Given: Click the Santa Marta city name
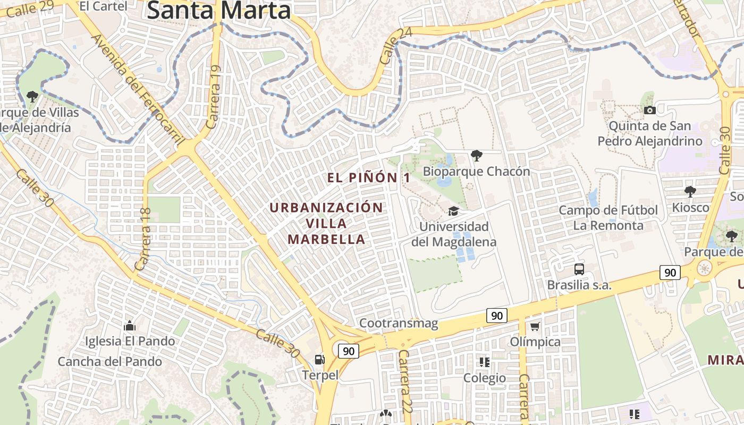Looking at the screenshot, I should click(x=219, y=11).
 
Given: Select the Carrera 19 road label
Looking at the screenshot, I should click(x=213, y=97).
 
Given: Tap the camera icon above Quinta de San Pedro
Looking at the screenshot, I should click(x=649, y=110).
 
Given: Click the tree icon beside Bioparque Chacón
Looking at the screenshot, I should click(x=476, y=156).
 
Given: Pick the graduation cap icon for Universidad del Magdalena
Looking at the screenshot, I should click(x=453, y=211).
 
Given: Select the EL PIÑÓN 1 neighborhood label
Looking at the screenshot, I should click(x=369, y=178).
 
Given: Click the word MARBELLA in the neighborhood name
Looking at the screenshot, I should click(x=326, y=239).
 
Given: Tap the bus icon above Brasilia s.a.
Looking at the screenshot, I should click(x=579, y=269).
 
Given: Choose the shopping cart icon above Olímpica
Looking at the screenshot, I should click(x=535, y=326).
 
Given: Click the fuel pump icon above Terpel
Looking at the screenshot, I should click(x=319, y=360).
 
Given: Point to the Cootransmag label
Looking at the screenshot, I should click(x=399, y=323).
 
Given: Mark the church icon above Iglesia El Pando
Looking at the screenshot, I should click(x=129, y=326).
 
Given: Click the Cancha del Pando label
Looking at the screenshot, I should click(x=109, y=362).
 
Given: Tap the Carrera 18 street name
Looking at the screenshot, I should click(x=144, y=239).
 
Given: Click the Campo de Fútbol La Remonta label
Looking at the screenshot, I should click(x=608, y=218).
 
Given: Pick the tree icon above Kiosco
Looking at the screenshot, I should click(x=690, y=191).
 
